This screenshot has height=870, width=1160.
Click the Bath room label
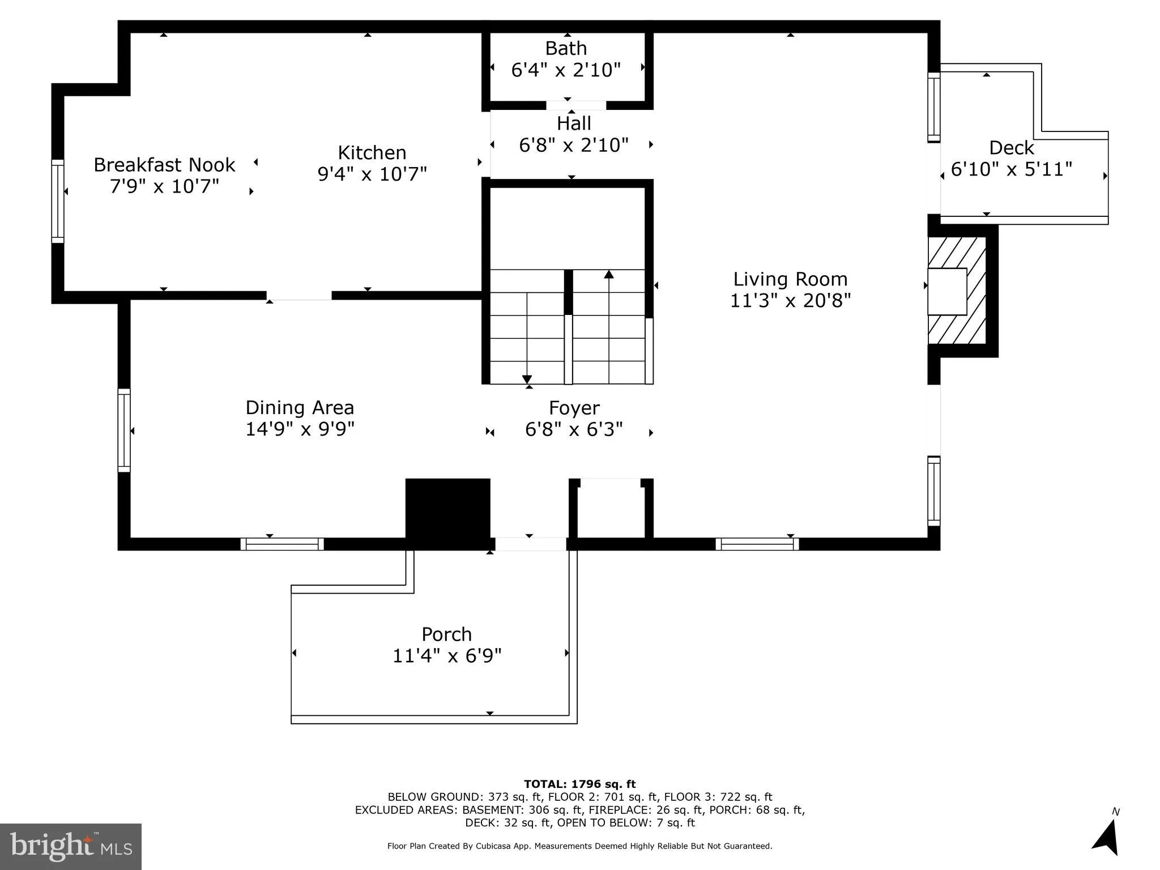[x=565, y=49]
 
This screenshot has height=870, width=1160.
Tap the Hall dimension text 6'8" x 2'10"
[x=573, y=145]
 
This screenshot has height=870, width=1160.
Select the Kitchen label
[x=372, y=152]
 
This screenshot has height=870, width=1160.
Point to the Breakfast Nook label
[x=164, y=165]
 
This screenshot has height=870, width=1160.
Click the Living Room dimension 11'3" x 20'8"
[x=790, y=300]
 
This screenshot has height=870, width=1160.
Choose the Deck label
[x=1011, y=148]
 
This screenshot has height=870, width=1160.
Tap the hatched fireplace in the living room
[x=957, y=291]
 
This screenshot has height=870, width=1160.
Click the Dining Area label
[x=299, y=407]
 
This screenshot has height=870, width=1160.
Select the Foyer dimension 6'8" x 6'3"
[x=573, y=429]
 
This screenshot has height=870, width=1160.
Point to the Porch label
[x=446, y=634]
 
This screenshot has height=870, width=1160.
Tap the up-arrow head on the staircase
[x=609, y=275]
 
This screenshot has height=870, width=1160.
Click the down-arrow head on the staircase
[x=527, y=379]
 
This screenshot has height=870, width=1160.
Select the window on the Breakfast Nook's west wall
[x=58, y=201]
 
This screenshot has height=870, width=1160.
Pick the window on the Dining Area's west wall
[x=124, y=430]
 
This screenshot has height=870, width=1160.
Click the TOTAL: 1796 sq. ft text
[x=579, y=784]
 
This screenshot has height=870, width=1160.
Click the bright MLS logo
[x=71, y=846]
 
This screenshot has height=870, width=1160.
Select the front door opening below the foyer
[x=531, y=544]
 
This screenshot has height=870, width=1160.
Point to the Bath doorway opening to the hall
[x=575, y=105]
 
